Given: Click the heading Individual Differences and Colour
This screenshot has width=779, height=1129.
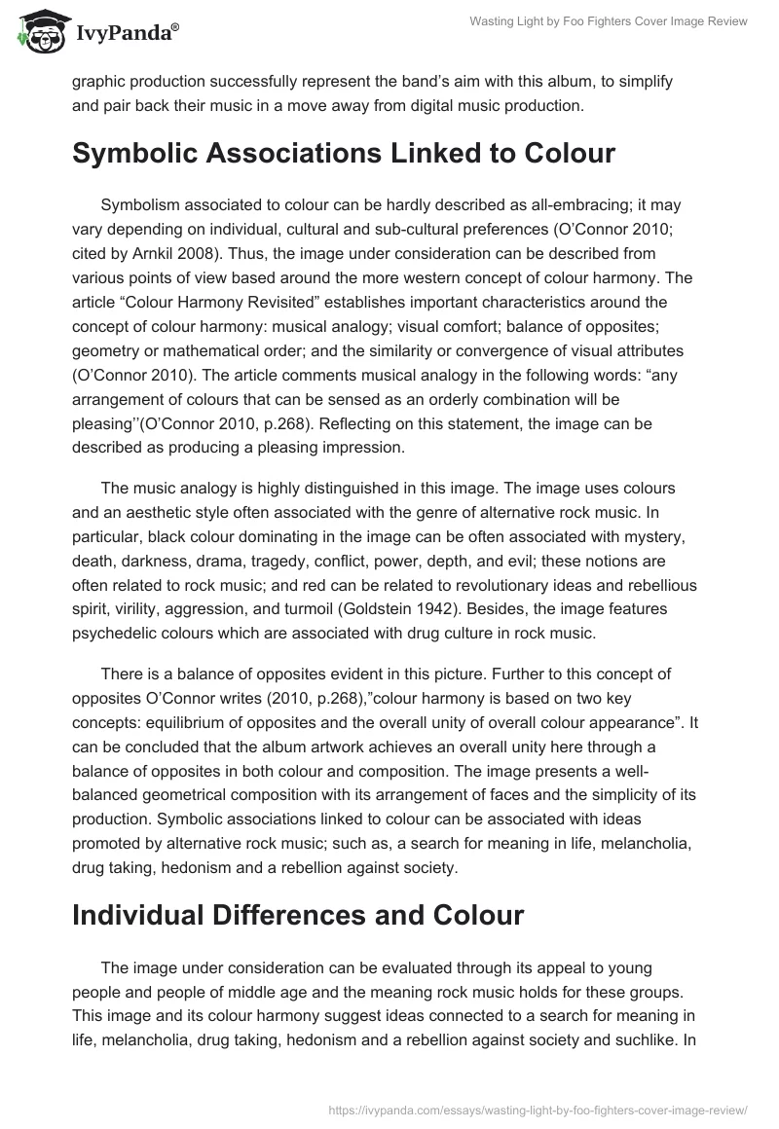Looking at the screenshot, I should pos(298,914).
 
